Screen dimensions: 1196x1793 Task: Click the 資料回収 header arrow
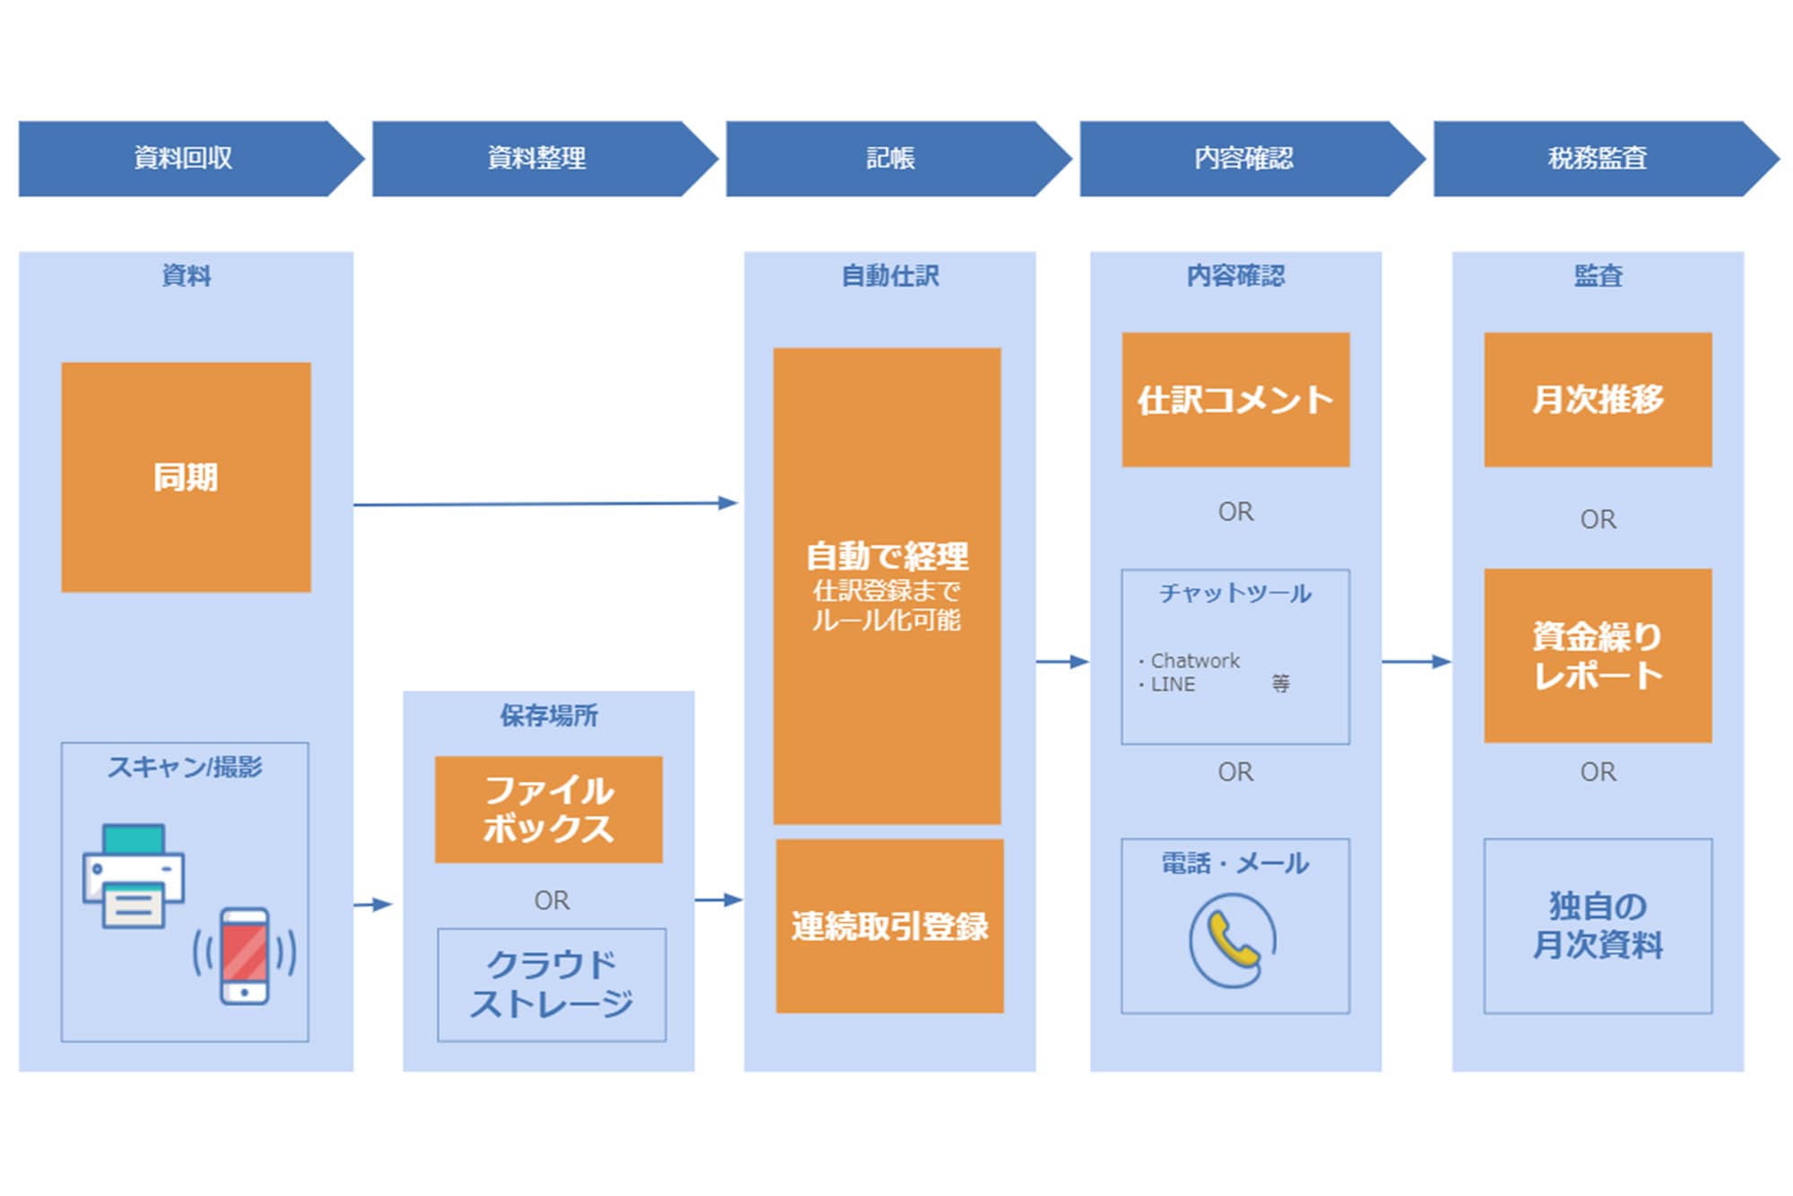[x=184, y=159]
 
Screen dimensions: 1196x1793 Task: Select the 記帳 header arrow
[x=890, y=159]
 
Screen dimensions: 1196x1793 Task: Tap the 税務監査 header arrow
[x=1598, y=159]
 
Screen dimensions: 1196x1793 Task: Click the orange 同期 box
[x=186, y=477]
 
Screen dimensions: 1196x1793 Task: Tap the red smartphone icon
[x=245, y=956]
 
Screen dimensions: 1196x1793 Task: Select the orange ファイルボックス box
[x=549, y=809]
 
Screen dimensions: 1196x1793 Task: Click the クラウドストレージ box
[x=551, y=984]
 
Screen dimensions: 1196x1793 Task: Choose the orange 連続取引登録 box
[x=889, y=926]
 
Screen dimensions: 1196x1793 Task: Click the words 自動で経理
[x=887, y=557]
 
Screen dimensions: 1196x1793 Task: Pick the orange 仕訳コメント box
[x=1235, y=400]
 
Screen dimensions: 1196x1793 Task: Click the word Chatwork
[x=1194, y=661]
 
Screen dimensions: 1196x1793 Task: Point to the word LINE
[x=1173, y=684]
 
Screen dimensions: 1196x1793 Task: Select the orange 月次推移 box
[x=1598, y=400]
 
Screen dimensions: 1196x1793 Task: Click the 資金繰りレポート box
[x=1598, y=655]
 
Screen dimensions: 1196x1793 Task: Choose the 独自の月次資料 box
[x=1598, y=926]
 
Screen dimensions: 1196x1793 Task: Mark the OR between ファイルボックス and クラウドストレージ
[x=551, y=900]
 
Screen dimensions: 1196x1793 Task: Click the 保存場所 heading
[x=549, y=715]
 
